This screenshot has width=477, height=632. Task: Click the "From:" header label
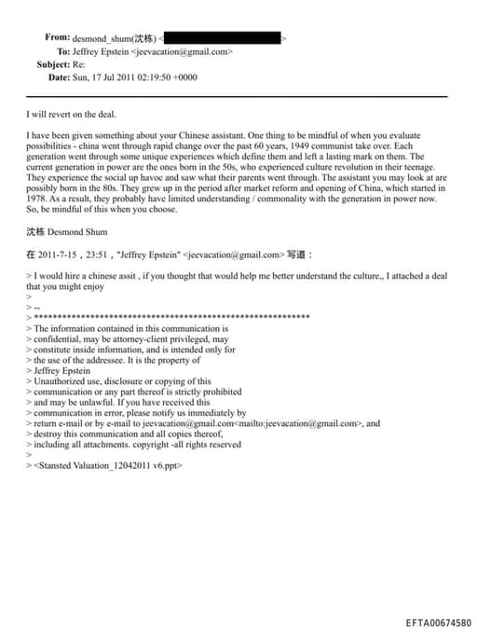point(57,38)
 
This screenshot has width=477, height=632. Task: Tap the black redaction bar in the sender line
point(224,38)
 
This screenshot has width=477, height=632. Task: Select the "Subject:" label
point(52,64)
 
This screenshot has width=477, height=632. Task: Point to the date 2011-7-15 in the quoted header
point(59,253)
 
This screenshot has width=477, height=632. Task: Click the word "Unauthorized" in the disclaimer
point(58,381)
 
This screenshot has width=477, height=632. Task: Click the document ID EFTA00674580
point(438,621)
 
